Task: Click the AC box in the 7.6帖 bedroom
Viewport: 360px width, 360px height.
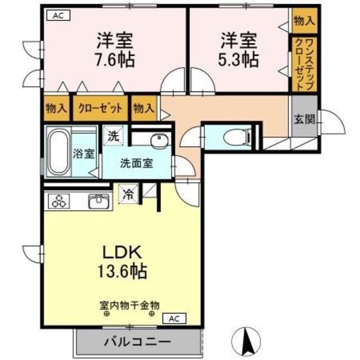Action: point(58,16)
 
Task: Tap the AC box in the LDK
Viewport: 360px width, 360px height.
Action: point(174,318)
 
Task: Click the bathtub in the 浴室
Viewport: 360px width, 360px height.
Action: point(58,151)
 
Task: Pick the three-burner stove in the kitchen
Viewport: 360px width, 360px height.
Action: point(59,201)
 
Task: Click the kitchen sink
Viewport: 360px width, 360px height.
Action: point(99,201)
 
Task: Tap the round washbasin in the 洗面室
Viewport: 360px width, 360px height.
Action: point(160,139)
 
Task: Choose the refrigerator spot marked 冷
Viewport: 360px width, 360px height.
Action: point(129,194)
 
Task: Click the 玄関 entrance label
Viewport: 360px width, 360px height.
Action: point(304,120)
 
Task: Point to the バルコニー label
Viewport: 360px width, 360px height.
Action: point(138,343)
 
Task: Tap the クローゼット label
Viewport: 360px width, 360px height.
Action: point(100,108)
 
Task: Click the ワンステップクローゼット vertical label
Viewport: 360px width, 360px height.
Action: point(304,65)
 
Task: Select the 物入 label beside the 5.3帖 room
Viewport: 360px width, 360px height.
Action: point(304,21)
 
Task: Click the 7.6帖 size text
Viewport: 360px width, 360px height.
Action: point(115,59)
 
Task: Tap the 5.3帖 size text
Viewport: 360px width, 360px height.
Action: point(238,59)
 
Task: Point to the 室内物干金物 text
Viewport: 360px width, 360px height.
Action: point(129,305)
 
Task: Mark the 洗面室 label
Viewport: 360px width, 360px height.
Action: point(137,163)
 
